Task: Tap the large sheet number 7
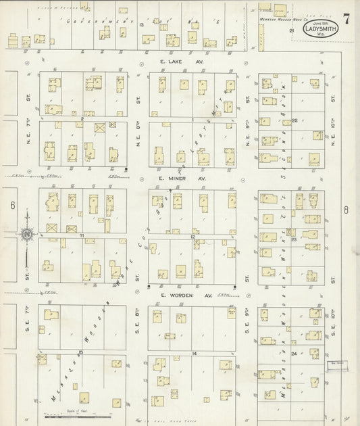coord(346,16)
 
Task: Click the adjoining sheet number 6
coord(12,204)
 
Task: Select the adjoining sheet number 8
coord(345,210)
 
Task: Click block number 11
coord(80,235)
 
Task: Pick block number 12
coord(192,236)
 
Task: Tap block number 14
coord(193,354)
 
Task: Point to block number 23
coord(294,238)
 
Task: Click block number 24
coord(294,354)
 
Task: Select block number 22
coord(295,120)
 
